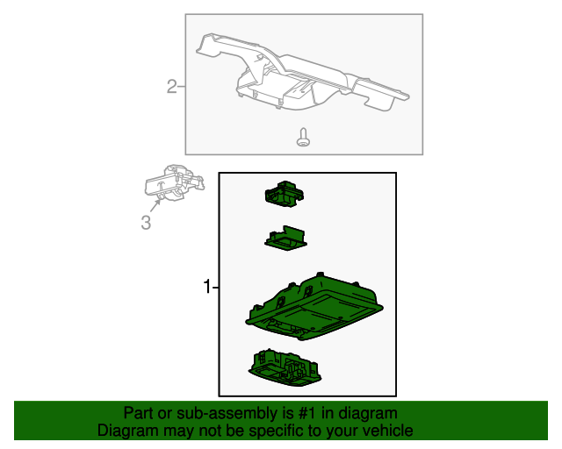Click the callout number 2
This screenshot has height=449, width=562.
pos(172,87)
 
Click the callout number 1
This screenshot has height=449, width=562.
pos(207,287)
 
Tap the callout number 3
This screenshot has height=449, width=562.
pos(146,223)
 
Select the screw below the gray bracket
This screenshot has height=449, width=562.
pos(303,137)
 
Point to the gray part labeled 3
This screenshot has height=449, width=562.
pos(175,182)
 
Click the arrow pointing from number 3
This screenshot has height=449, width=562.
pos(155,205)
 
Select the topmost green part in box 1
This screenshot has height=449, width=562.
pos(284,194)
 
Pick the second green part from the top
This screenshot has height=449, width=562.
pos(286,239)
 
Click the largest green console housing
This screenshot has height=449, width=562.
pos(314,307)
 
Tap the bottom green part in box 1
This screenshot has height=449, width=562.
pos(285,368)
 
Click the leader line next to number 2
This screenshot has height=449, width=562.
pos(182,87)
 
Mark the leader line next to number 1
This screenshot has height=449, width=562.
pos(215,287)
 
